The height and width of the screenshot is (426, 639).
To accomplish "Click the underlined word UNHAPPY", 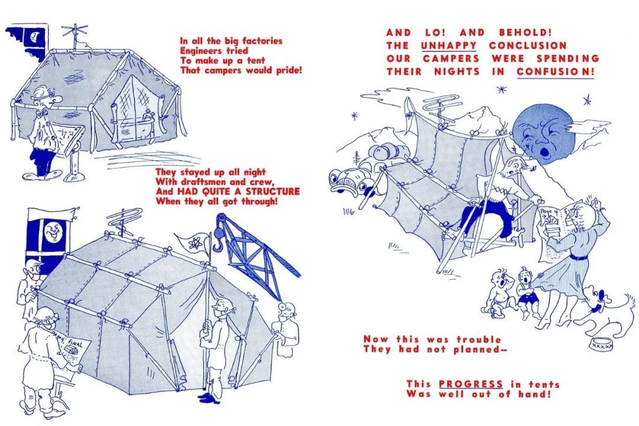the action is click(448, 45).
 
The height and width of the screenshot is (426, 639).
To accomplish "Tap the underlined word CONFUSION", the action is click(555, 72).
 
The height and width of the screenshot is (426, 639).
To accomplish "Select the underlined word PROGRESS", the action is click(471, 384).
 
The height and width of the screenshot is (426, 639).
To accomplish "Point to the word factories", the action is click(262, 41).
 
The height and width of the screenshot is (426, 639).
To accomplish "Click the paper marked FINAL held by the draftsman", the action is click(72, 348).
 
